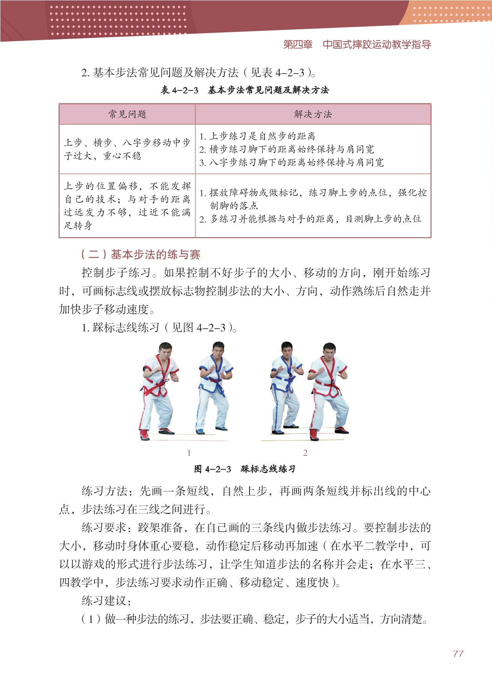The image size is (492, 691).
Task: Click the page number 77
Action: tap(458, 653)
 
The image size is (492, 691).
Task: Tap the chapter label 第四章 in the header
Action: tap(298, 45)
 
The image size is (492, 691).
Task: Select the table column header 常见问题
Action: tap(127, 114)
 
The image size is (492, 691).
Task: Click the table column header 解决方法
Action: tap(313, 114)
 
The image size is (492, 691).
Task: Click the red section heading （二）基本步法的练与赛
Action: tap(141, 254)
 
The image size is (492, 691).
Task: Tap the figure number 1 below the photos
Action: tap(189, 453)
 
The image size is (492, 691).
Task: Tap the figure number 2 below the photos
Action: tap(305, 453)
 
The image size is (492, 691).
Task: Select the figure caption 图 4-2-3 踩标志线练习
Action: tap(245, 469)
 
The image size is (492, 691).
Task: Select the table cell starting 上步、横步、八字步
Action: tap(127, 149)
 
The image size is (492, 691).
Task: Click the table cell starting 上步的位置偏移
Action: tap(127, 206)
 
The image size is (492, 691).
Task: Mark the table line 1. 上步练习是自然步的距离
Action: tap(257, 136)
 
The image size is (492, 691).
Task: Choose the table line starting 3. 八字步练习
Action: tap(292, 162)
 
